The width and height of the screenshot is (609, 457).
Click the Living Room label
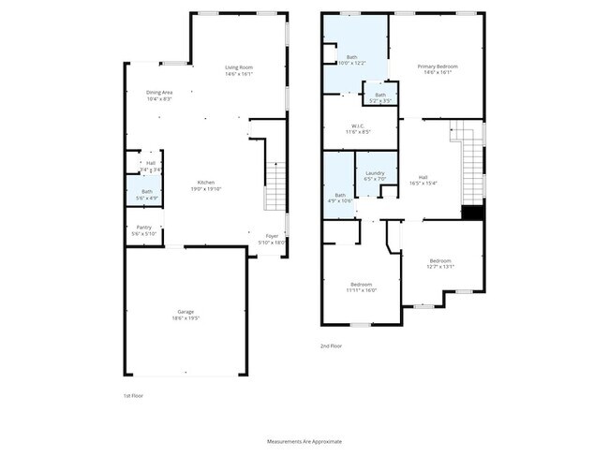click(239, 67)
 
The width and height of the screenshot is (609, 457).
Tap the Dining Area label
click(159, 92)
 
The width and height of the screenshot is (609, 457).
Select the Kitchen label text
click(205, 182)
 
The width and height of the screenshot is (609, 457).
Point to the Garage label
click(186, 312)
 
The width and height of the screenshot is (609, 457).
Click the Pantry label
click(143, 227)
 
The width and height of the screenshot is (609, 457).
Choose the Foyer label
click(272, 236)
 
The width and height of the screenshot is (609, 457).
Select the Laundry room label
click(375, 173)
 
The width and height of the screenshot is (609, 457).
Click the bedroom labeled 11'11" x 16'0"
click(362, 285)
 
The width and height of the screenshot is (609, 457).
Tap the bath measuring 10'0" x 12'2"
click(351, 58)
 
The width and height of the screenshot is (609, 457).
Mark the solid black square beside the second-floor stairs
click(475, 213)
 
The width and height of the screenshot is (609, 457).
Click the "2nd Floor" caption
click(332, 346)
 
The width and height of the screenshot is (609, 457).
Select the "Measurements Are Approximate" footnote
click(304, 440)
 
